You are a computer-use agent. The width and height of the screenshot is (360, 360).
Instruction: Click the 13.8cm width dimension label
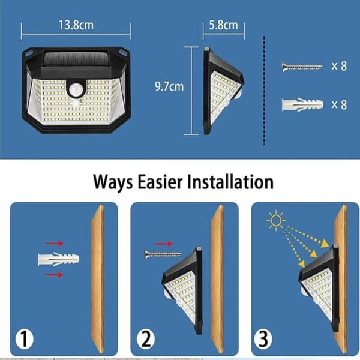[76, 25]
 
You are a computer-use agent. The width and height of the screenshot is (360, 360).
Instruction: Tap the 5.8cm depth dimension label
[223, 25]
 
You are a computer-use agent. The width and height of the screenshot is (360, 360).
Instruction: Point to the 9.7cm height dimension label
[169, 86]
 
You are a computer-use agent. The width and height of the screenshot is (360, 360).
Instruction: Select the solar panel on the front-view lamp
[76, 59]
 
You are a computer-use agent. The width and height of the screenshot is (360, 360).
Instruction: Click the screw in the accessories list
[302, 67]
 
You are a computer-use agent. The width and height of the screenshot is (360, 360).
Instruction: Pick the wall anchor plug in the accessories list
[302, 104]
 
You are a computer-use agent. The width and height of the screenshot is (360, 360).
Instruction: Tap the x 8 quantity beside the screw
[339, 66]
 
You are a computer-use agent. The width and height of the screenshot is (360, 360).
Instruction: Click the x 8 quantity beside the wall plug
[339, 104]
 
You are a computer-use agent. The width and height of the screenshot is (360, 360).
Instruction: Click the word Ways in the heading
[113, 182]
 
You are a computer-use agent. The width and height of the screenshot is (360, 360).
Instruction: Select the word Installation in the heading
[230, 182]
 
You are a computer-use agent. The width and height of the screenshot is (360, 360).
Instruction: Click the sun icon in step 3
[276, 220]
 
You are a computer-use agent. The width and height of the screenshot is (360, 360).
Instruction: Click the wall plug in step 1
[58, 259]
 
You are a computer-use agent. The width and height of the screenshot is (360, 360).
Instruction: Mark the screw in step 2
[163, 254]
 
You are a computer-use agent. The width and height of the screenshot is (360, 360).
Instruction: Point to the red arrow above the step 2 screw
[164, 244]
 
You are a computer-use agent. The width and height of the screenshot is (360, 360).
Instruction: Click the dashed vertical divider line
[264, 91]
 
